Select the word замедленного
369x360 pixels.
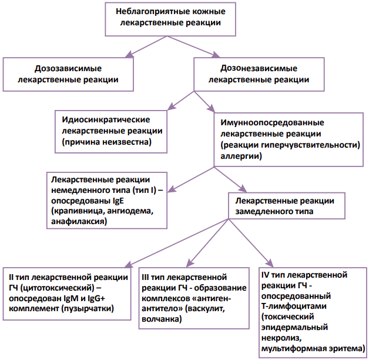pos(264,209)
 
